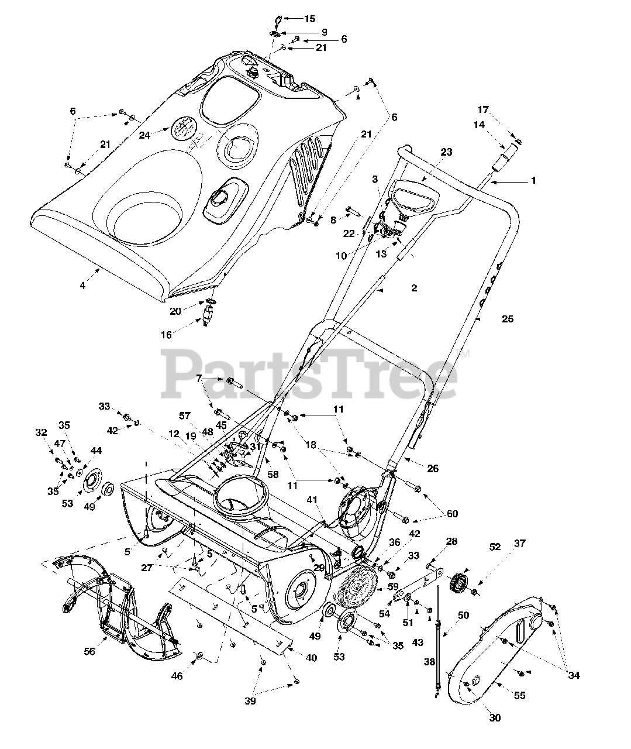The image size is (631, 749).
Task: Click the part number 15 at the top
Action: [x=310, y=19]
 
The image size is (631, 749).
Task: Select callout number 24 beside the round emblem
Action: [x=144, y=135]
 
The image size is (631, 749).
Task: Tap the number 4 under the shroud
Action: [x=82, y=286]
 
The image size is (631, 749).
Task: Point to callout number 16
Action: [x=167, y=335]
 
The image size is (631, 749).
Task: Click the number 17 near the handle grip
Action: [x=482, y=109]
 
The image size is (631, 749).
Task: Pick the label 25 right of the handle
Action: [x=508, y=319]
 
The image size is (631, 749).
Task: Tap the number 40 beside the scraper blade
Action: [x=311, y=658]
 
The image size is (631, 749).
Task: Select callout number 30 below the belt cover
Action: [x=495, y=718]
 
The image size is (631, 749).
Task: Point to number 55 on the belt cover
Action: [x=519, y=695]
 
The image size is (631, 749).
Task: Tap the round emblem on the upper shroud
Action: [x=184, y=128]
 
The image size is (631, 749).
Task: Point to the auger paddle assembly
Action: [x=117, y=609]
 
